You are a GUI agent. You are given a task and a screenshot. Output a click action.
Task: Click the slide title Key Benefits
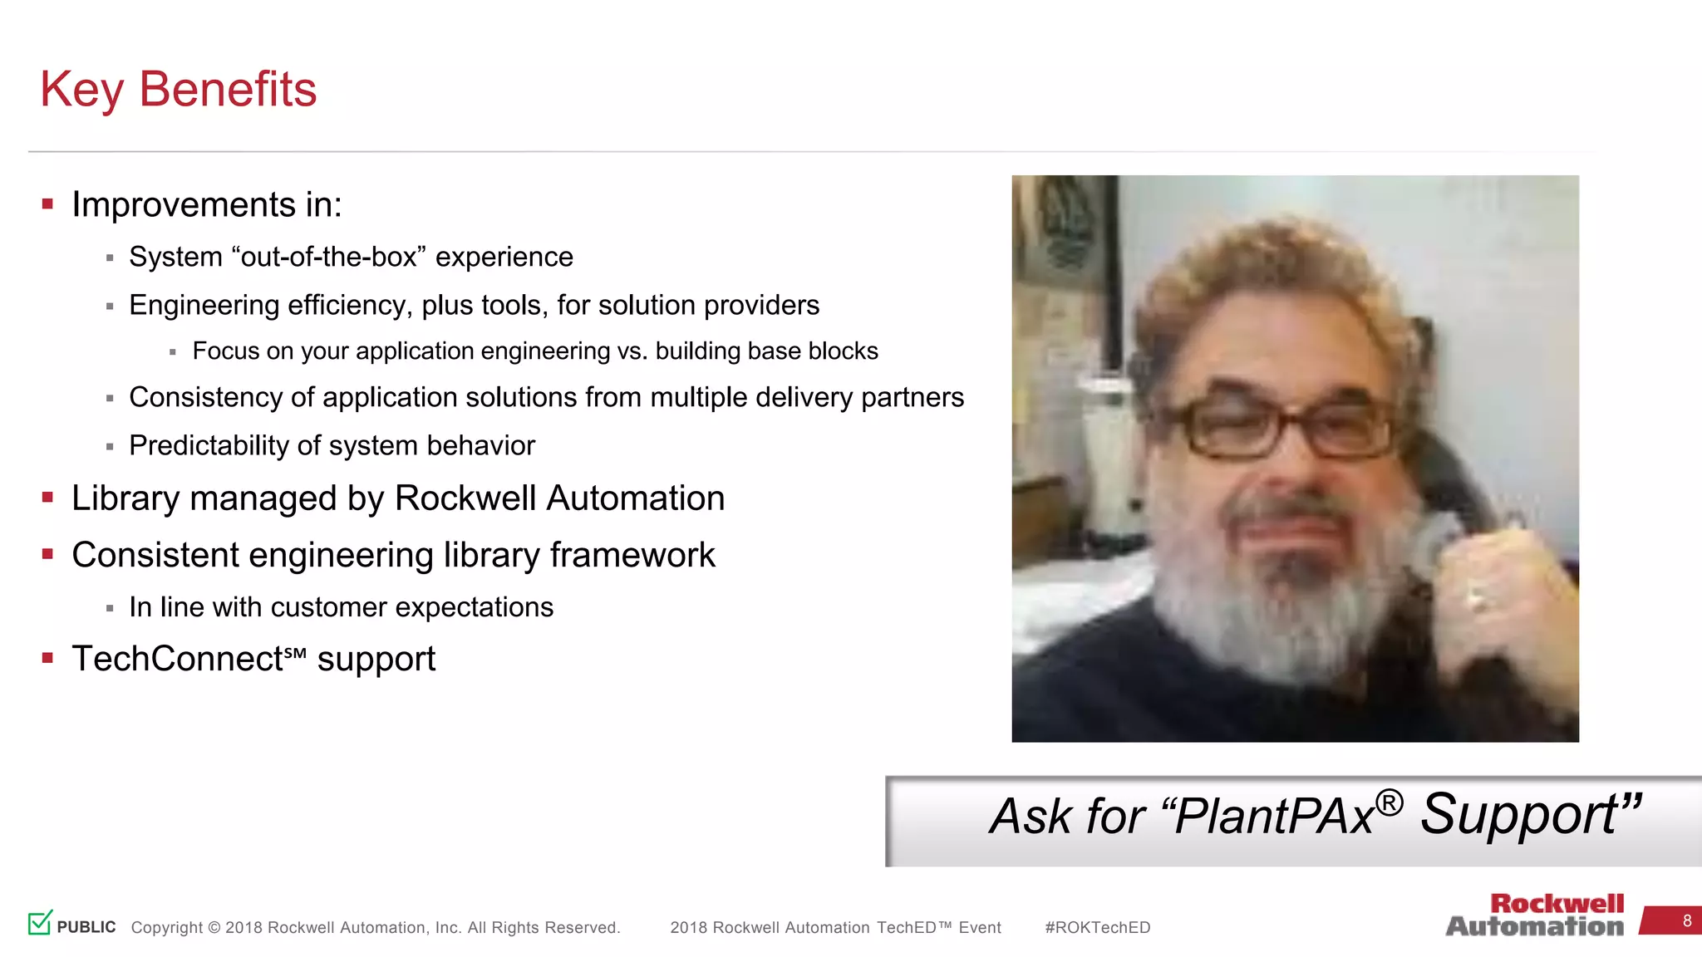pos(178,89)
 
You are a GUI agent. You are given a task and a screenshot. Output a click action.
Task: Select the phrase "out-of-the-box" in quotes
pos(329,257)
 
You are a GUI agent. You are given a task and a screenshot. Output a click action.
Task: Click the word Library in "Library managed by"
pos(125,498)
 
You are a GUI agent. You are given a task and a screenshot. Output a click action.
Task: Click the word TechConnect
pos(178,659)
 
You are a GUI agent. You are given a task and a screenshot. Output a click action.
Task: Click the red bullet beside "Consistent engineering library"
pos(47,554)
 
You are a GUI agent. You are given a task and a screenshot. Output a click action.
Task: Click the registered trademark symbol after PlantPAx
pos(1389,802)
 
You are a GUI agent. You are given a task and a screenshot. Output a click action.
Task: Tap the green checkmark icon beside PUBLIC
pos(40,922)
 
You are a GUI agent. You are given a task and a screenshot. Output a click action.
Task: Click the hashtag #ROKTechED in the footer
pos(1097,927)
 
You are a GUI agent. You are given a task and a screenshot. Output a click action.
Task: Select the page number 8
pos(1686,920)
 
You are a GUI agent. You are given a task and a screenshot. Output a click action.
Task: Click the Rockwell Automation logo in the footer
pos(1535,915)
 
